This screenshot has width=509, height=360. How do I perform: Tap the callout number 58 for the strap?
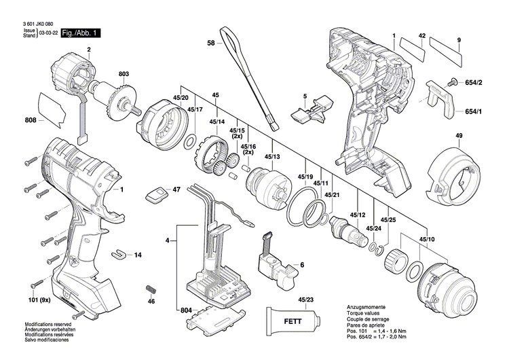tap(210, 43)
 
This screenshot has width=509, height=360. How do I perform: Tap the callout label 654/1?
tap(473, 111)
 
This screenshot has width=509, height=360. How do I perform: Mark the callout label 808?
tap(31, 121)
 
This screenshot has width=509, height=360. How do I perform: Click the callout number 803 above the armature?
tap(124, 74)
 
